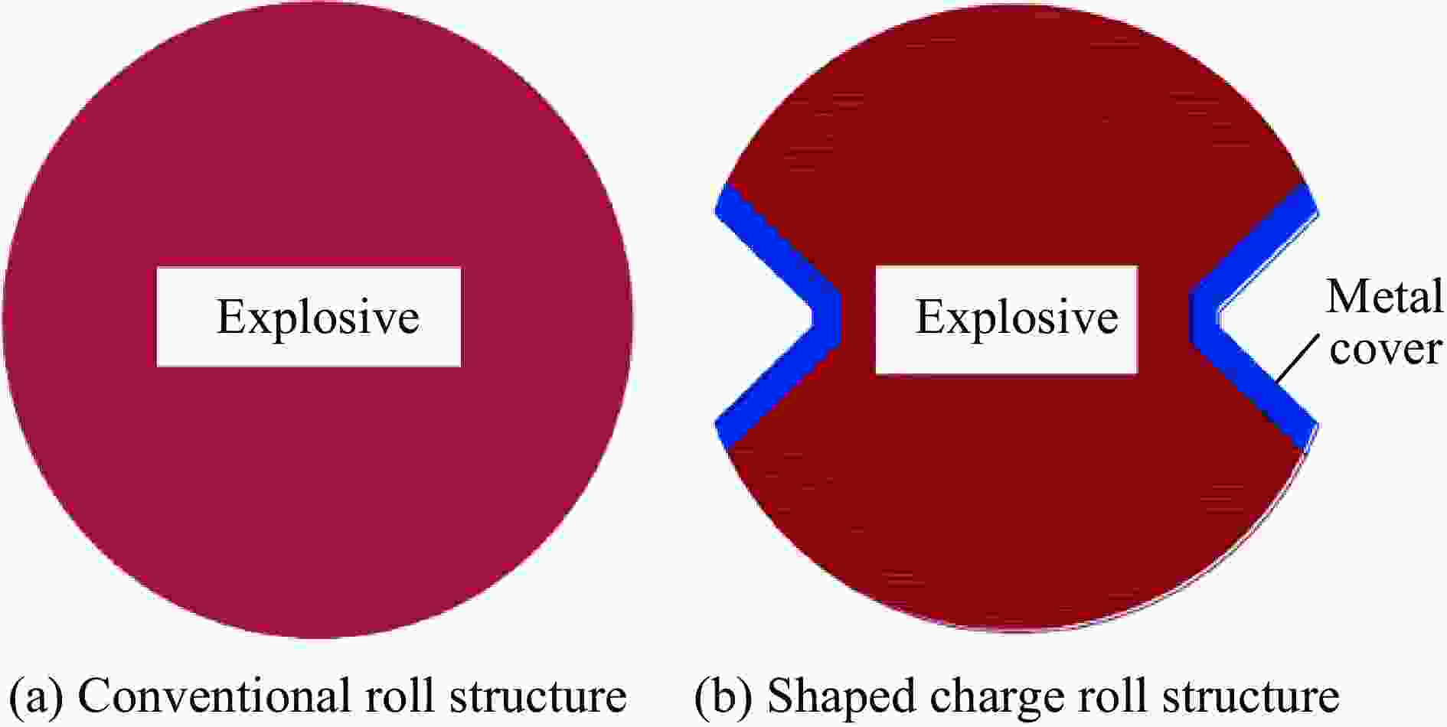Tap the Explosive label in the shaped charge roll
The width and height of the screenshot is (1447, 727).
tap(1017, 318)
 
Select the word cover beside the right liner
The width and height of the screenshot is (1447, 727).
tap(1386, 349)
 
